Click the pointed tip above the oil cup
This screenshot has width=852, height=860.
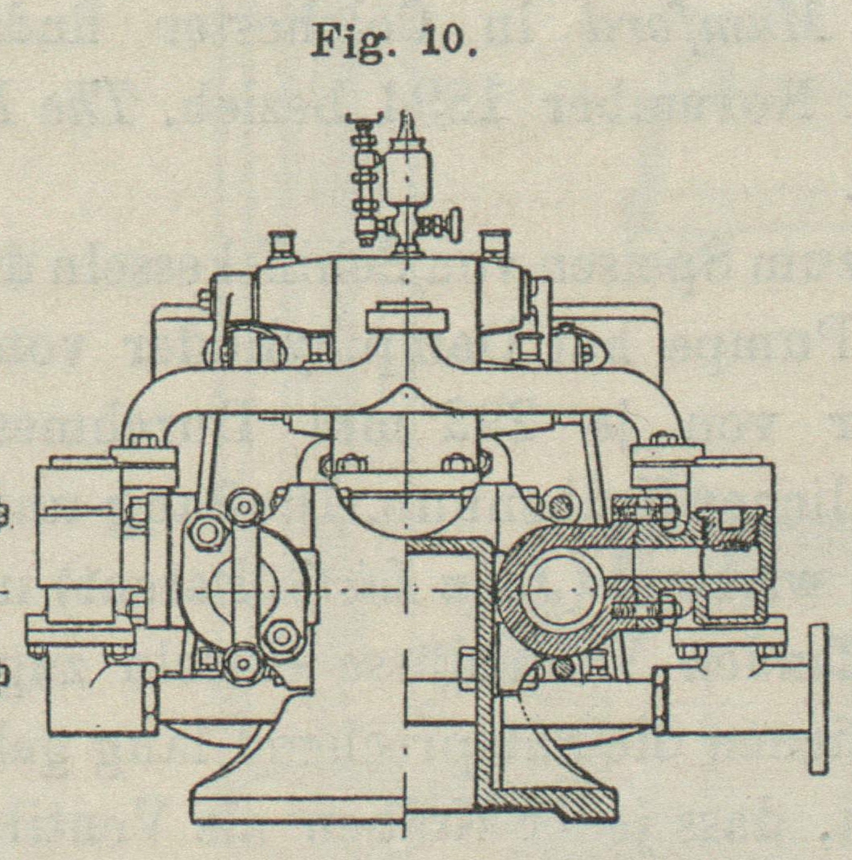[x=406, y=128]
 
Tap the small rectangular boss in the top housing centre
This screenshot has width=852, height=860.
[x=408, y=320]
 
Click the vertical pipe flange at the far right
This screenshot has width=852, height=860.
[x=818, y=698]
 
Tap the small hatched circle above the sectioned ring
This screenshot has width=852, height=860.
[x=557, y=506]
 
